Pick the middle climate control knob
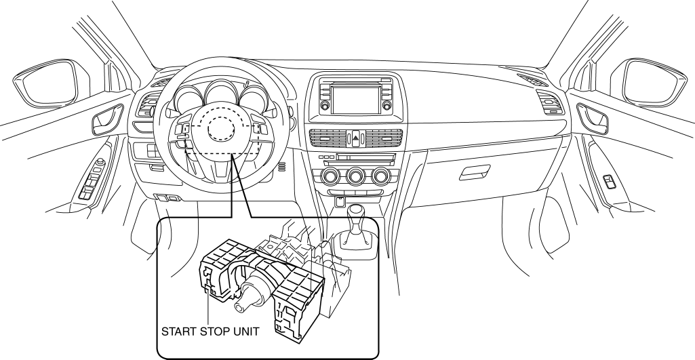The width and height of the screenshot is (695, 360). tap(355, 178)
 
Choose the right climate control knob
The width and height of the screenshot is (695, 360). tap(377, 178)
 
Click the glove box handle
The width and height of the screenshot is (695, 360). tap(473, 174)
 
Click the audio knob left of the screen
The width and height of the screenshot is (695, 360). tap(324, 106)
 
